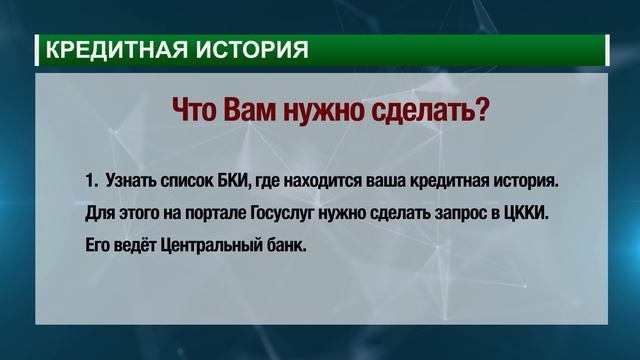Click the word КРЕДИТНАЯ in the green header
point(109,48)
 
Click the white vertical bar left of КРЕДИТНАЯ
point(38,48)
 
